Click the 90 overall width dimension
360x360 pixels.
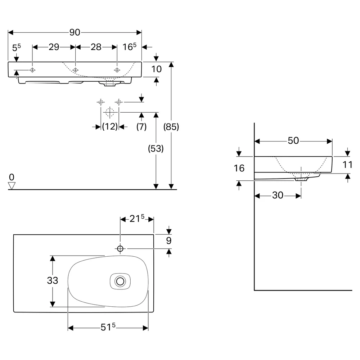click(75, 32)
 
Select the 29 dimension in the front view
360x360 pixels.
click(54, 47)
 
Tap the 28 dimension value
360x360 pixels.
click(96, 47)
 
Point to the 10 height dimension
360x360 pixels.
click(157, 69)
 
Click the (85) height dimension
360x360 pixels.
click(171, 127)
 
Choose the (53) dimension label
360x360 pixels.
click(156, 149)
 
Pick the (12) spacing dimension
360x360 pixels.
click(110, 126)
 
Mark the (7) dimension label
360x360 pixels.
click(141, 126)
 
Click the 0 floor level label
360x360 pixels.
click(12, 177)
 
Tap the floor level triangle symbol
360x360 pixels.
click(12, 186)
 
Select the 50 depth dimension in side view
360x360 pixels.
click(293, 141)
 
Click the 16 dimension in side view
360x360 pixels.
click(239, 168)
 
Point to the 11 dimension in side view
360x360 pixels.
click(347, 165)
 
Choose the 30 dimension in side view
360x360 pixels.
click(278, 195)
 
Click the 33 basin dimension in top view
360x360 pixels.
click(53, 280)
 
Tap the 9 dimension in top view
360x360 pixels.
click(169, 240)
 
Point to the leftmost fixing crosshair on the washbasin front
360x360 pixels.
click(32, 70)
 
